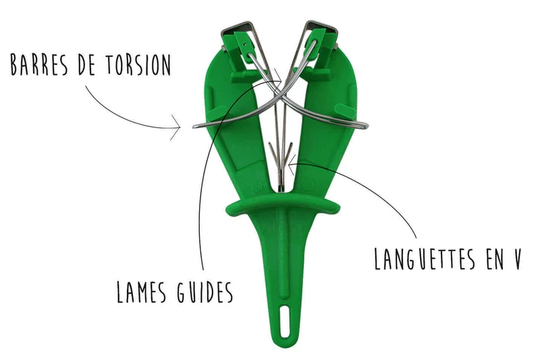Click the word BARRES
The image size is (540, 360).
click(x=39, y=64)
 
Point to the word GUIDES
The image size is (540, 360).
click(x=205, y=292)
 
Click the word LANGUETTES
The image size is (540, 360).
click(x=425, y=259)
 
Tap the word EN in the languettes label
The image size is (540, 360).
click(x=495, y=259)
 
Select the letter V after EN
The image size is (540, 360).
click(x=516, y=259)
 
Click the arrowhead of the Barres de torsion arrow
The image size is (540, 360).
click(x=175, y=128)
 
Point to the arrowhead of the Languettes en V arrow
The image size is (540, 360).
click(x=292, y=164)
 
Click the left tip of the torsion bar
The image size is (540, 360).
click(x=194, y=126)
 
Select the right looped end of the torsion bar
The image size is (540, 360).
click(x=364, y=126)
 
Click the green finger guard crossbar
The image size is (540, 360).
click(x=282, y=205)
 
